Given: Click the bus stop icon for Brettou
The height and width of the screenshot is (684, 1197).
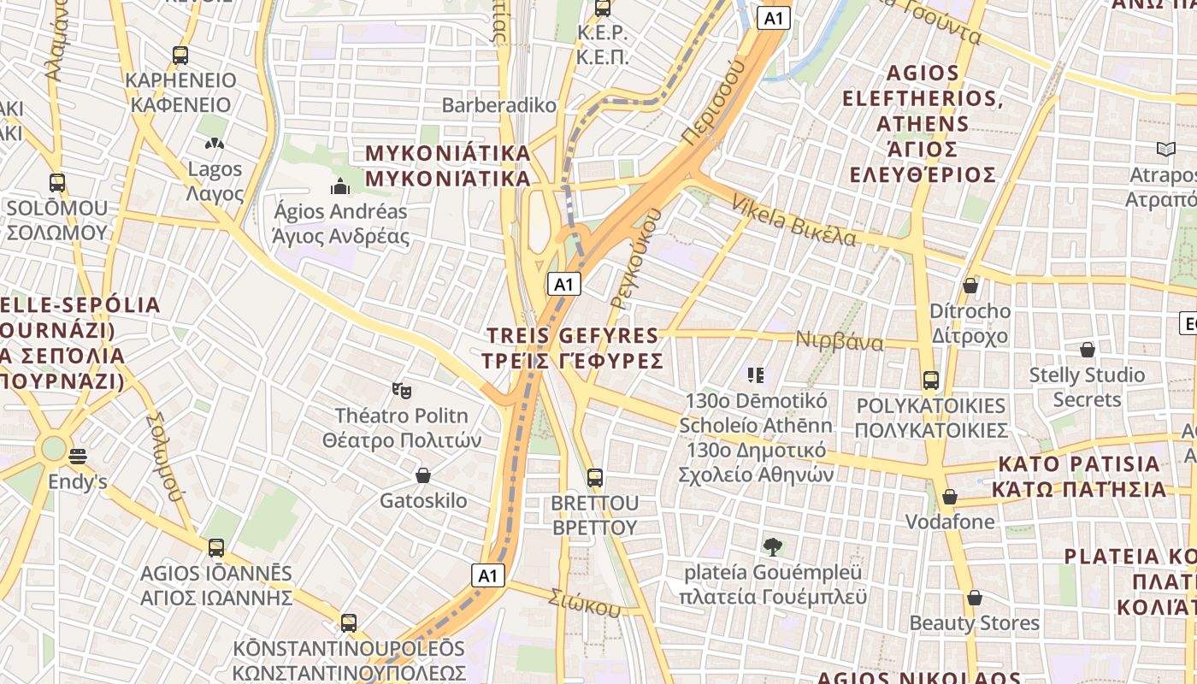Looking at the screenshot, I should pos(595,477).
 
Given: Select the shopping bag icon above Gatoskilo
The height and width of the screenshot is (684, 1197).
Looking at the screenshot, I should pos(422,475).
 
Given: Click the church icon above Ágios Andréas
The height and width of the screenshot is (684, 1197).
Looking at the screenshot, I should pos(340,186).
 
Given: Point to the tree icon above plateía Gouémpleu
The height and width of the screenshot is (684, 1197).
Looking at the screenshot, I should pos(772,546).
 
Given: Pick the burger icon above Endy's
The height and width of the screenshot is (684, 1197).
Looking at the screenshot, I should pos(78,457).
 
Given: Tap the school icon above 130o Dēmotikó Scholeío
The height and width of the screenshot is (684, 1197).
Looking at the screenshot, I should pos(755,374).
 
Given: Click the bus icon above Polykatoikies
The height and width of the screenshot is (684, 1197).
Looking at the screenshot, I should pos(931,380).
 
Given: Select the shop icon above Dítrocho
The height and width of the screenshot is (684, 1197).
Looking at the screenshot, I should pos(970,286).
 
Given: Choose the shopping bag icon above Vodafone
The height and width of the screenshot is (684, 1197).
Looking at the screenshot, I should pos(950,497).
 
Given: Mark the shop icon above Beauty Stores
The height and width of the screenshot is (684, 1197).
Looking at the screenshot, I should pos(974,598).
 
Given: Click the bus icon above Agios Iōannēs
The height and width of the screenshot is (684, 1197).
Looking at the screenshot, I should pos(216,548).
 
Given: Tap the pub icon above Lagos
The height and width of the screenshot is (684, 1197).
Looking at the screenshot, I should pos(215,144).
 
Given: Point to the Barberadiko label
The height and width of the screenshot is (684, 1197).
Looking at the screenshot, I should pos(499,105).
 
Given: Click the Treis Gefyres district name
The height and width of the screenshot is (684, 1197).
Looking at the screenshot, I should pos(573,347).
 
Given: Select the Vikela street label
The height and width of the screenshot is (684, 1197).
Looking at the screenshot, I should pos(793,221).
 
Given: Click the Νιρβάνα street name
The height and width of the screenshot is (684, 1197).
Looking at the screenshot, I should pos(840,341).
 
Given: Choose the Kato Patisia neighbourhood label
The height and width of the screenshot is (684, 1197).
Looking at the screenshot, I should pos(1079,476).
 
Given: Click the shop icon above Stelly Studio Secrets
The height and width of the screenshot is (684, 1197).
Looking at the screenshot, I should pos(1088,350).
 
